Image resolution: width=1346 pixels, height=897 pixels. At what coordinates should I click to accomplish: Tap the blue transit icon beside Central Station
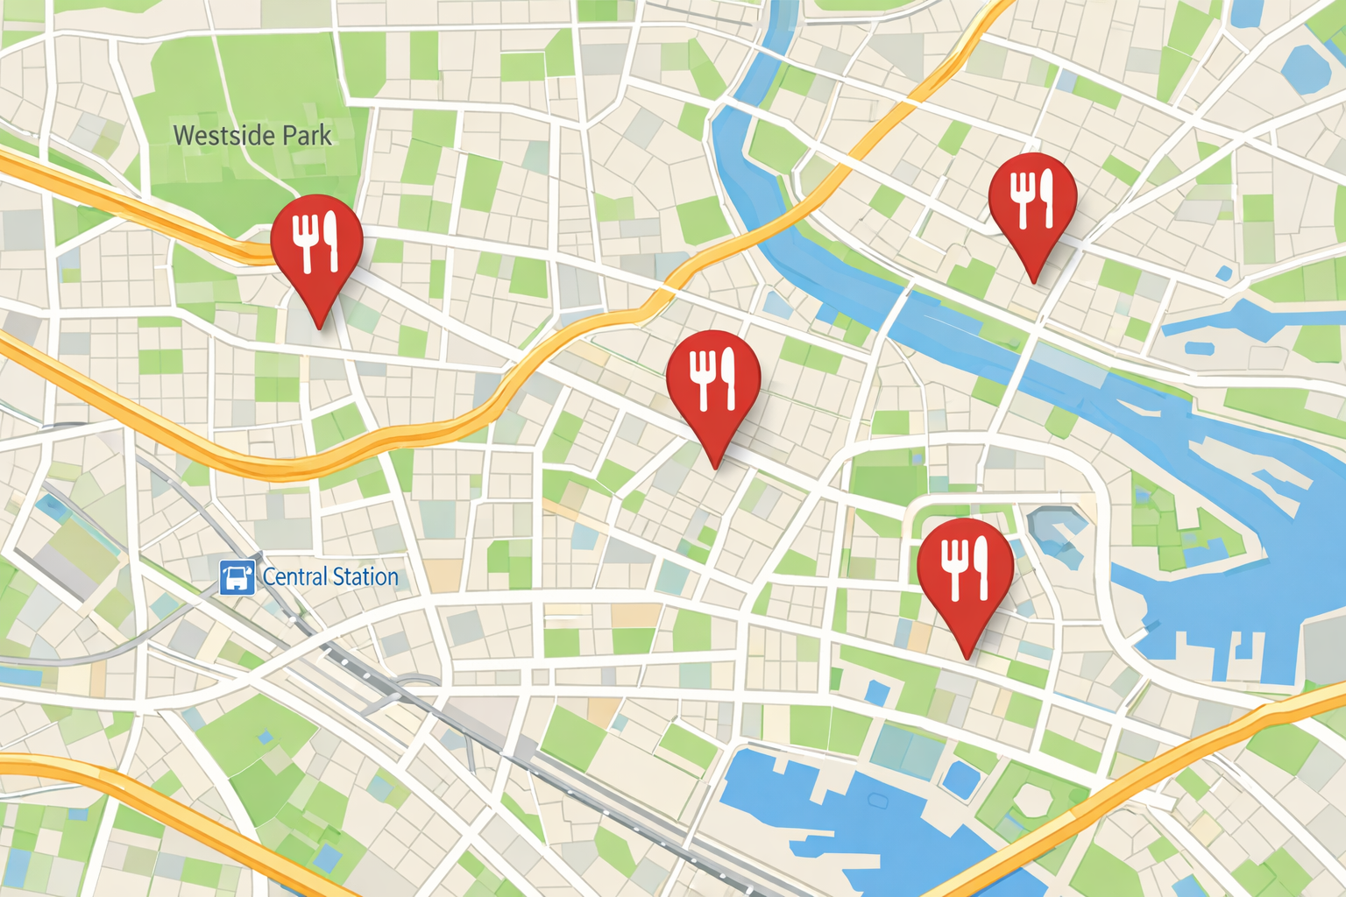[237, 577]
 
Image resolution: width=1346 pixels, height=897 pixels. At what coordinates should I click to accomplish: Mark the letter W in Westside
[183, 136]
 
